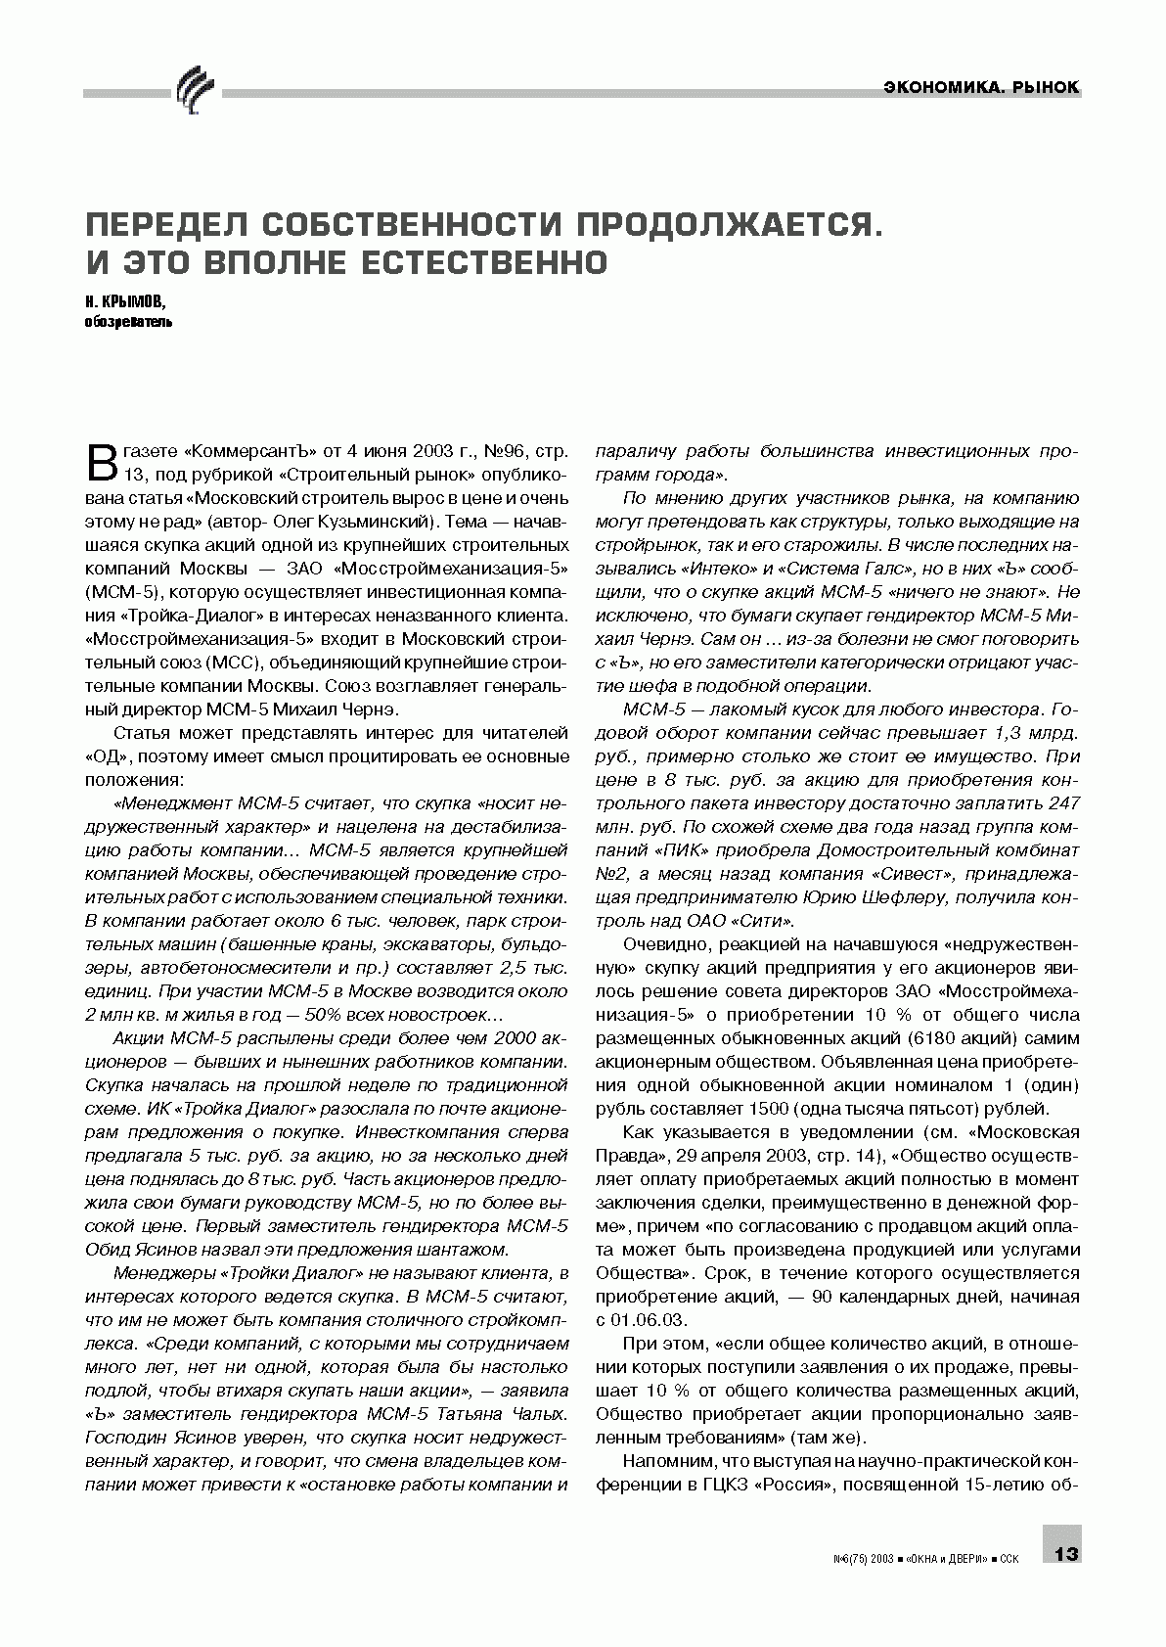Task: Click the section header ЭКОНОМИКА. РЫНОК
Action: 980,87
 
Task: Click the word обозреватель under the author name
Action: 128,320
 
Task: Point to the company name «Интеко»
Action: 683,570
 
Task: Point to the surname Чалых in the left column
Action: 536,1413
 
